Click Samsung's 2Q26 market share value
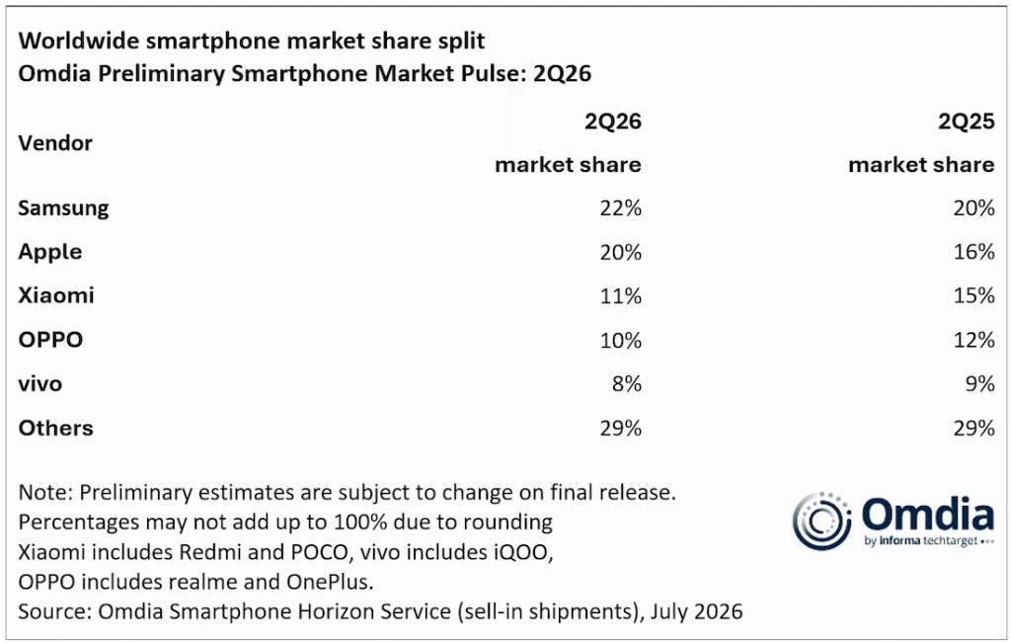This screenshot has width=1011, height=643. [620, 208]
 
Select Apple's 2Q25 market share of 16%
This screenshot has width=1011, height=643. [973, 252]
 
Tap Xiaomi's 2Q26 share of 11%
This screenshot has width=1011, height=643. [620, 296]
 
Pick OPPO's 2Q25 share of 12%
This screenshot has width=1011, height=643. [973, 340]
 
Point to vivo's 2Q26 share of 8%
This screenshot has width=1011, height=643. [627, 384]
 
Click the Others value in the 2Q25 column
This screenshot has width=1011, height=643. [973, 429]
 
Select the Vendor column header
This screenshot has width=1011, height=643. [55, 142]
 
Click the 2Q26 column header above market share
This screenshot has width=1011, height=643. [612, 121]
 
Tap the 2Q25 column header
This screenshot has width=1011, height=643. [966, 121]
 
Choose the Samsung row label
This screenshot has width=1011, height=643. [63, 209]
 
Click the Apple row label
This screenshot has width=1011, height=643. [50, 253]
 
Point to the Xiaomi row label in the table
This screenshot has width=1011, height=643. [56, 295]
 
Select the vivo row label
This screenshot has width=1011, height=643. [39, 384]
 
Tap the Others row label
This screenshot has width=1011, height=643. [55, 429]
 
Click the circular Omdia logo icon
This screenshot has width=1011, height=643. [821, 522]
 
